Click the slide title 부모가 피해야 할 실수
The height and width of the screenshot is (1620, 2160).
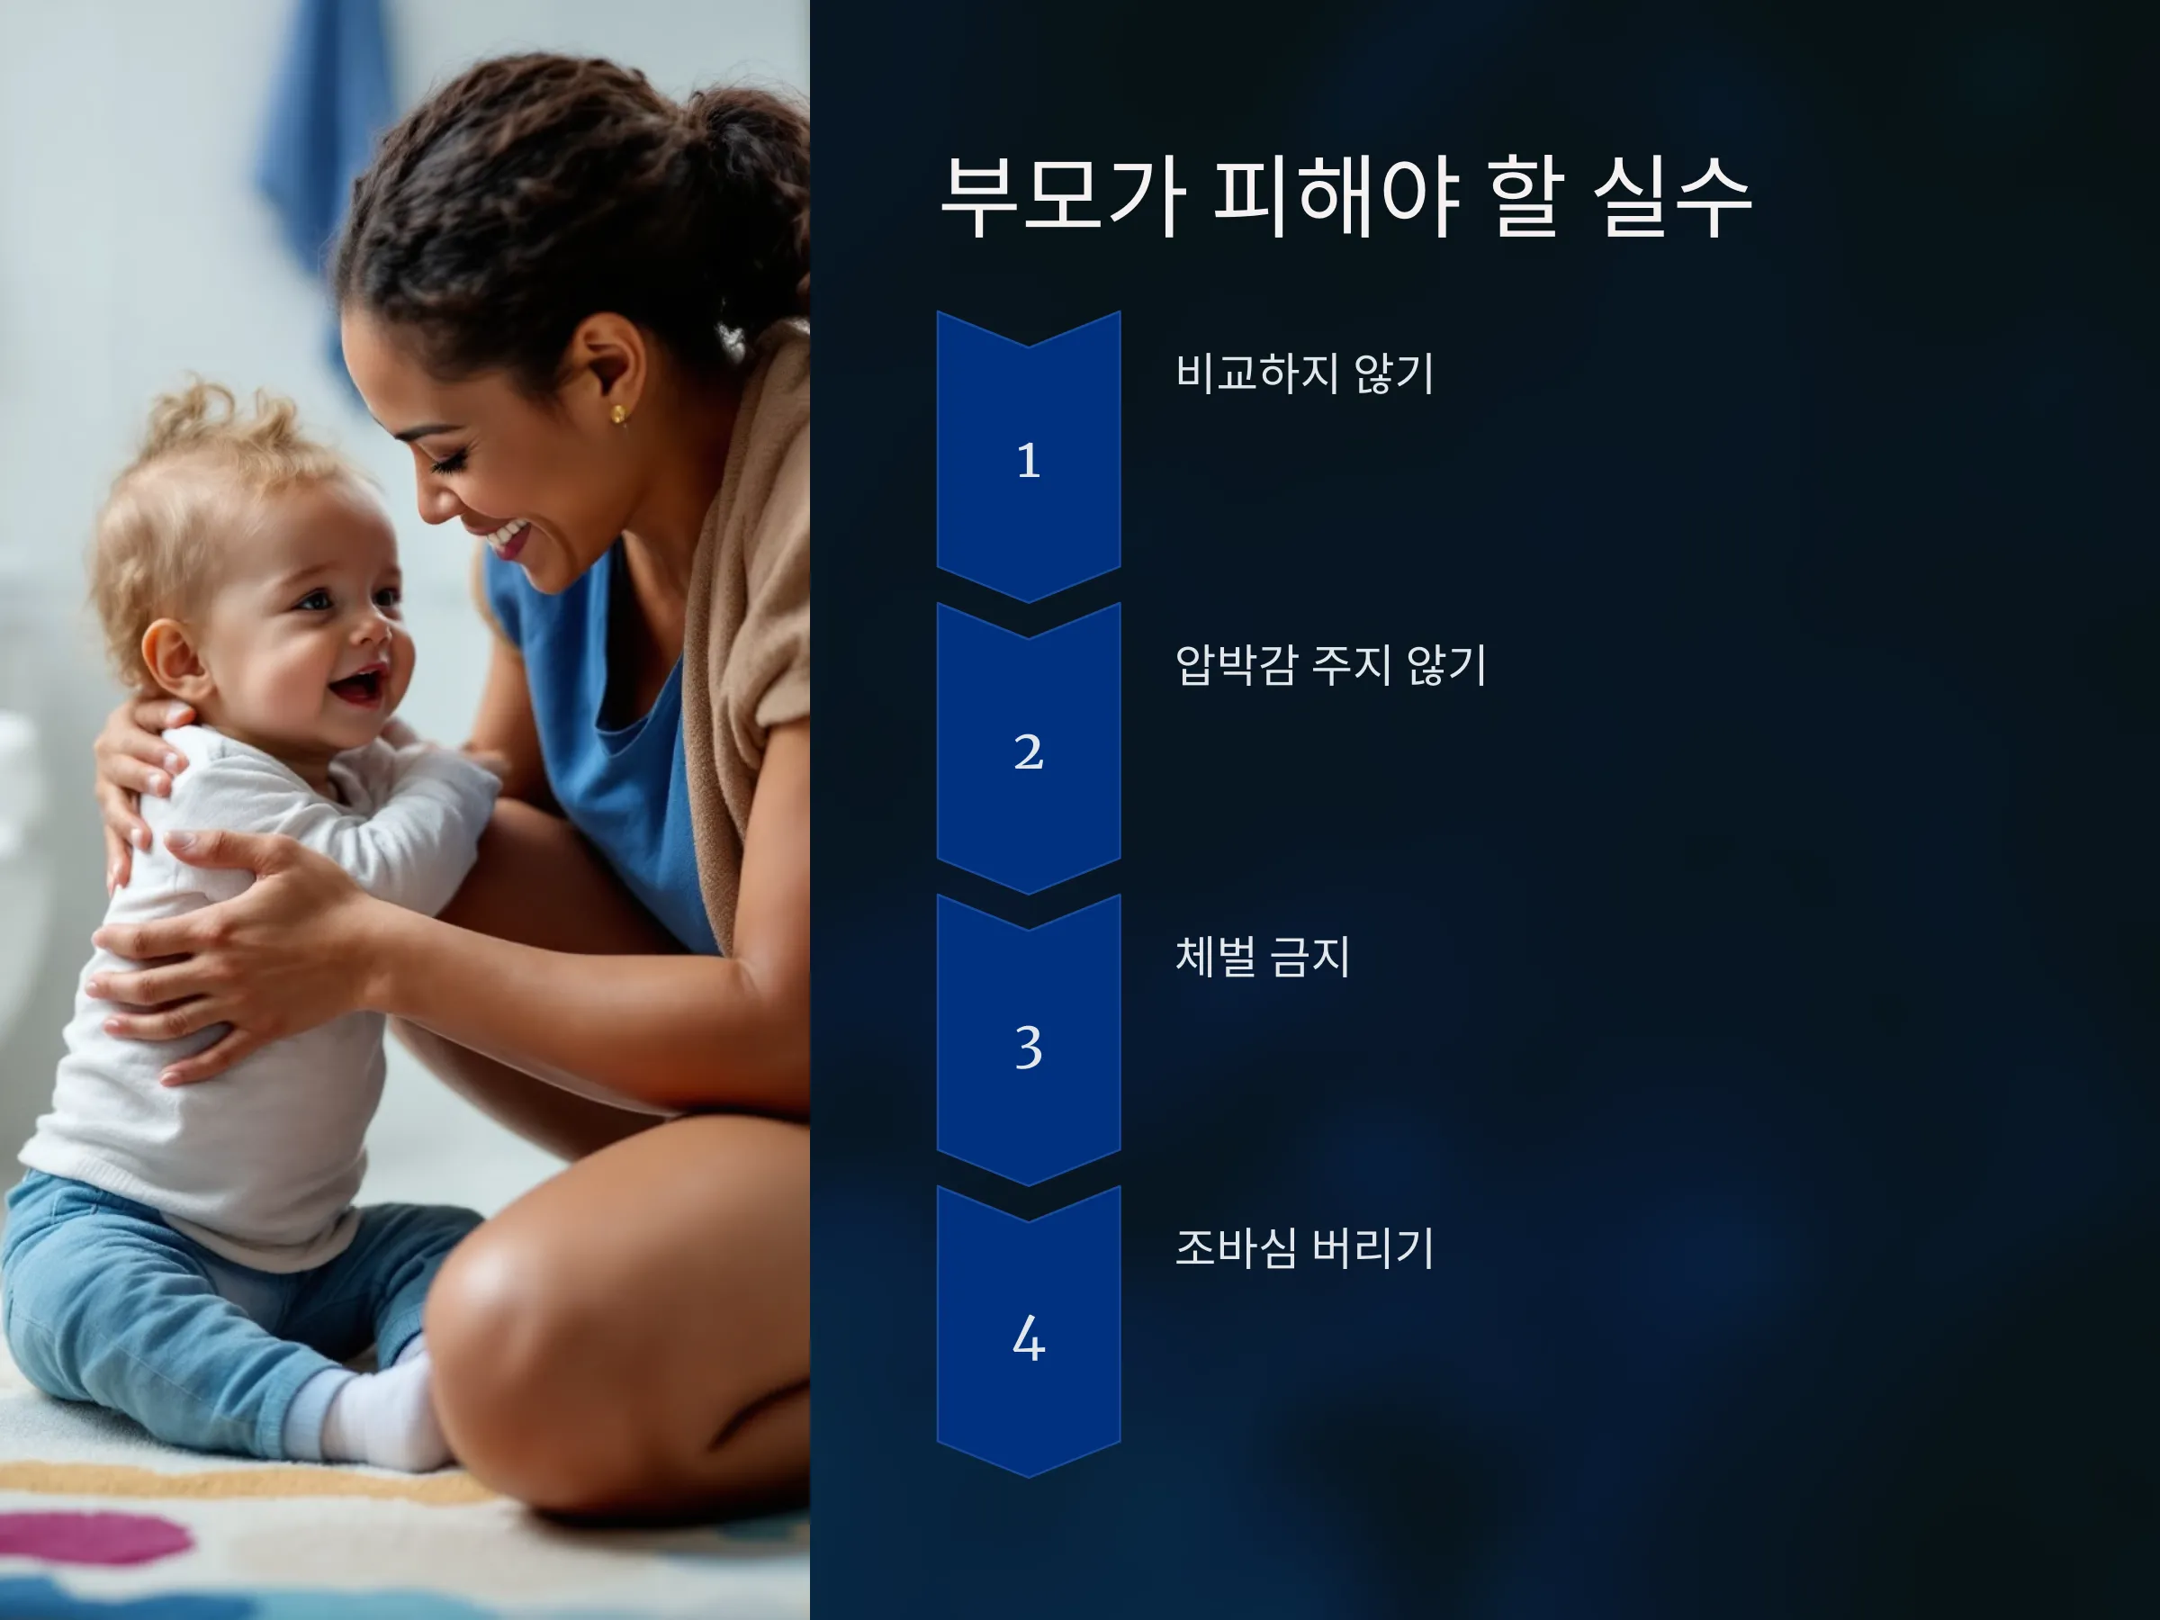(x=1345, y=197)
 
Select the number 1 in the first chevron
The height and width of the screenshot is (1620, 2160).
(x=1028, y=461)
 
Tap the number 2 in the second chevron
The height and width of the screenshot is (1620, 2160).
(x=1028, y=751)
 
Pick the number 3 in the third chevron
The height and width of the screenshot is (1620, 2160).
(x=1028, y=1047)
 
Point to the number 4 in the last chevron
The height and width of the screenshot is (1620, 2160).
(x=1028, y=1337)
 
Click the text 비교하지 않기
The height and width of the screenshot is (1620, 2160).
(x=1305, y=373)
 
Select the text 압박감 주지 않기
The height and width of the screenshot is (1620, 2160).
(x=1330, y=665)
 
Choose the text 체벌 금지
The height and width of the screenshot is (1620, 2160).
(x=1263, y=956)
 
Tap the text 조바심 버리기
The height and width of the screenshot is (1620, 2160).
(x=1305, y=1248)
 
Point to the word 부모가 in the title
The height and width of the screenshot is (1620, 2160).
(x=1065, y=197)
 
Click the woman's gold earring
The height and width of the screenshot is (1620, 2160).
(x=618, y=415)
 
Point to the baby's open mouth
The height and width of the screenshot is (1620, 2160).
(x=359, y=687)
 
